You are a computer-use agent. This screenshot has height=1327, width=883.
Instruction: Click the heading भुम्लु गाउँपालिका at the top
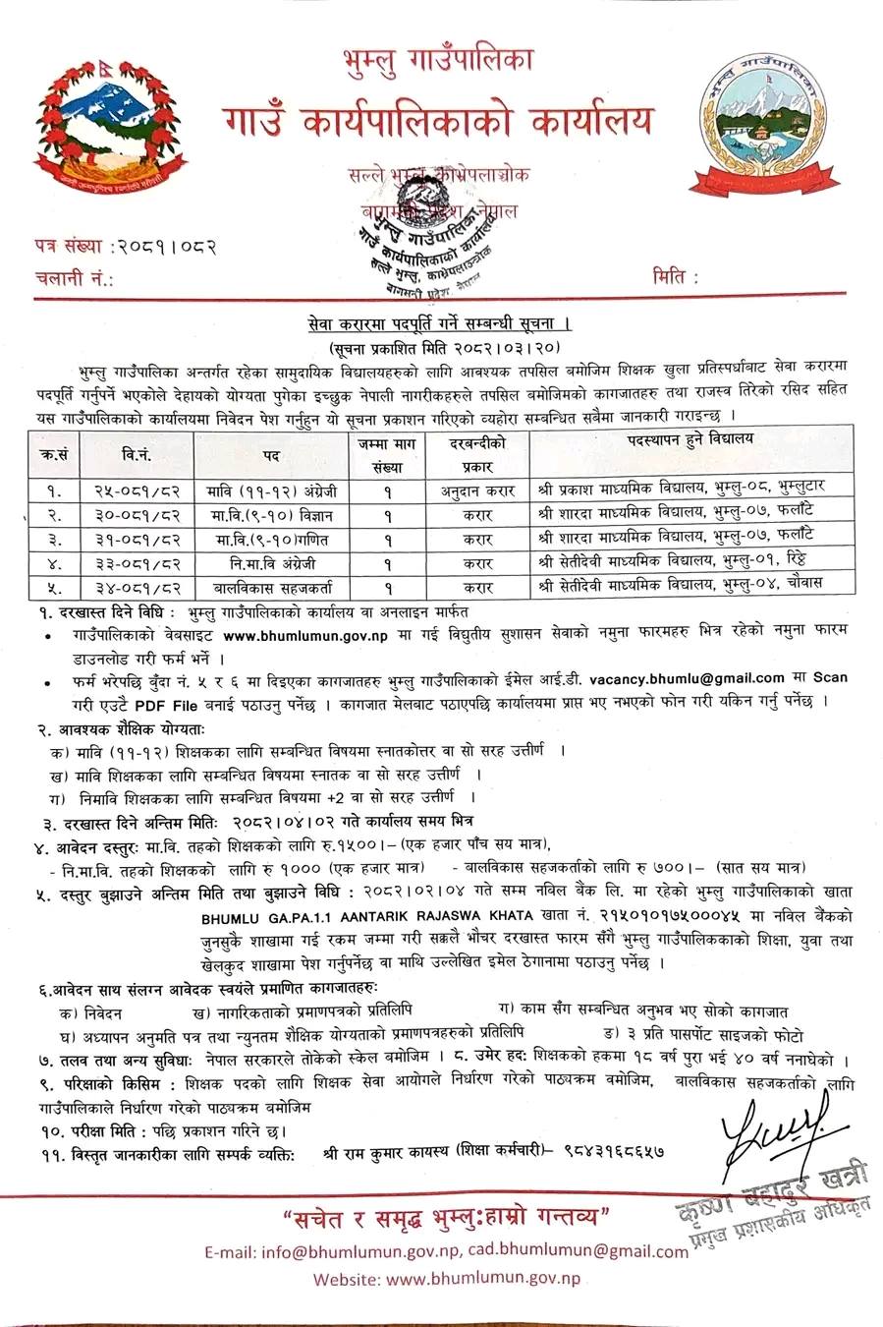coord(435,58)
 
